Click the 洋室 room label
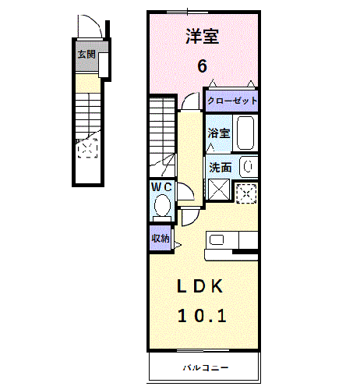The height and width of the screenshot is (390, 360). click(202, 36)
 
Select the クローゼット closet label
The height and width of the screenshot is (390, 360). click(231, 101)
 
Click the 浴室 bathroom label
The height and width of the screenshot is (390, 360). click(219, 134)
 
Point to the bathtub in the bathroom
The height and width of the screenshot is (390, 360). click(245, 133)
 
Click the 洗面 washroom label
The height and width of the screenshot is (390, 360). click(219, 166)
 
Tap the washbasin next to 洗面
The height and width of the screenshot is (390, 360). click(247, 165)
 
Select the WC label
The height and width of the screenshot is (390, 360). click(161, 187)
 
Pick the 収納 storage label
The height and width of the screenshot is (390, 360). click(161, 239)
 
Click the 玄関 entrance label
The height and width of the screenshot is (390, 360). click(86, 55)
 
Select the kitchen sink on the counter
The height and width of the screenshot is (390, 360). click(216, 239)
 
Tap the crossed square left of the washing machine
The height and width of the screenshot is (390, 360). click(217, 190)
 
